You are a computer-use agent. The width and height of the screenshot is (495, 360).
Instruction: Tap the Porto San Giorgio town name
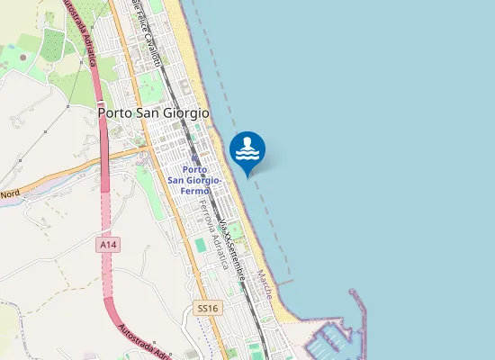152,114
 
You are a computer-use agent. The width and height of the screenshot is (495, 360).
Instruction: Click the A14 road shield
107,244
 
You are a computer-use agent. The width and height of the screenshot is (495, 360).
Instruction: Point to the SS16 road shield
207,308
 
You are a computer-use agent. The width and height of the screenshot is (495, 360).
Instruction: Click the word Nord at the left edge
10,193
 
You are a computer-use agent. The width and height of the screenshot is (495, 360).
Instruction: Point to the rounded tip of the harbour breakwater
353,292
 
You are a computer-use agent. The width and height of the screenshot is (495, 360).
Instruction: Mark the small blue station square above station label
194,158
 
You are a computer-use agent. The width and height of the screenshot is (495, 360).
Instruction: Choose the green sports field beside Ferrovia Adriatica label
200,244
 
